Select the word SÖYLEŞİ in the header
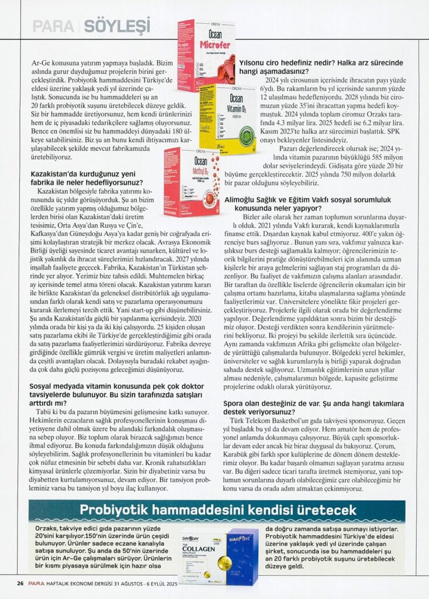[x=117, y=26]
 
